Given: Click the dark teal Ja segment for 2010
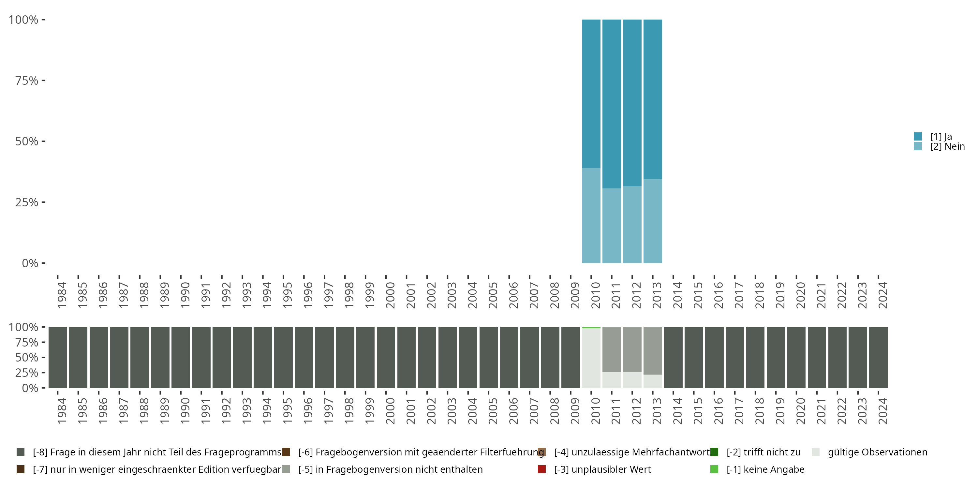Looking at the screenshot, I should (591, 93).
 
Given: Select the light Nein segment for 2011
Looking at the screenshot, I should (612, 226).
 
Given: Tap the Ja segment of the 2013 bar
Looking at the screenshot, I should (653, 99).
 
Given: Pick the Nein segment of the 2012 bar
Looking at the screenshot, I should (632, 224).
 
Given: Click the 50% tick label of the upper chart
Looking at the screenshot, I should (27, 141).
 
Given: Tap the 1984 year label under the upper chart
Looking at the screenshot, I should (62, 295).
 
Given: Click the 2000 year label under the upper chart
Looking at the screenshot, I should (390, 295).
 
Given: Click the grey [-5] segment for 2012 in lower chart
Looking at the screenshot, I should (632, 349).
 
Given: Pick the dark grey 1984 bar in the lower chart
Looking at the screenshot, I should (58, 357).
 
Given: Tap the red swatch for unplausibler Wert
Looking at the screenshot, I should (542, 469).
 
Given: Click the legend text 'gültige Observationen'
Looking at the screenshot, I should (877, 452).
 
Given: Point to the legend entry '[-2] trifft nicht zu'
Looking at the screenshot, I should (763, 452).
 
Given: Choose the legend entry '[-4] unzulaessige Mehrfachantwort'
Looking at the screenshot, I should (631, 452).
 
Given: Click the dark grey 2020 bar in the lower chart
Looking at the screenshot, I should (796, 357).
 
